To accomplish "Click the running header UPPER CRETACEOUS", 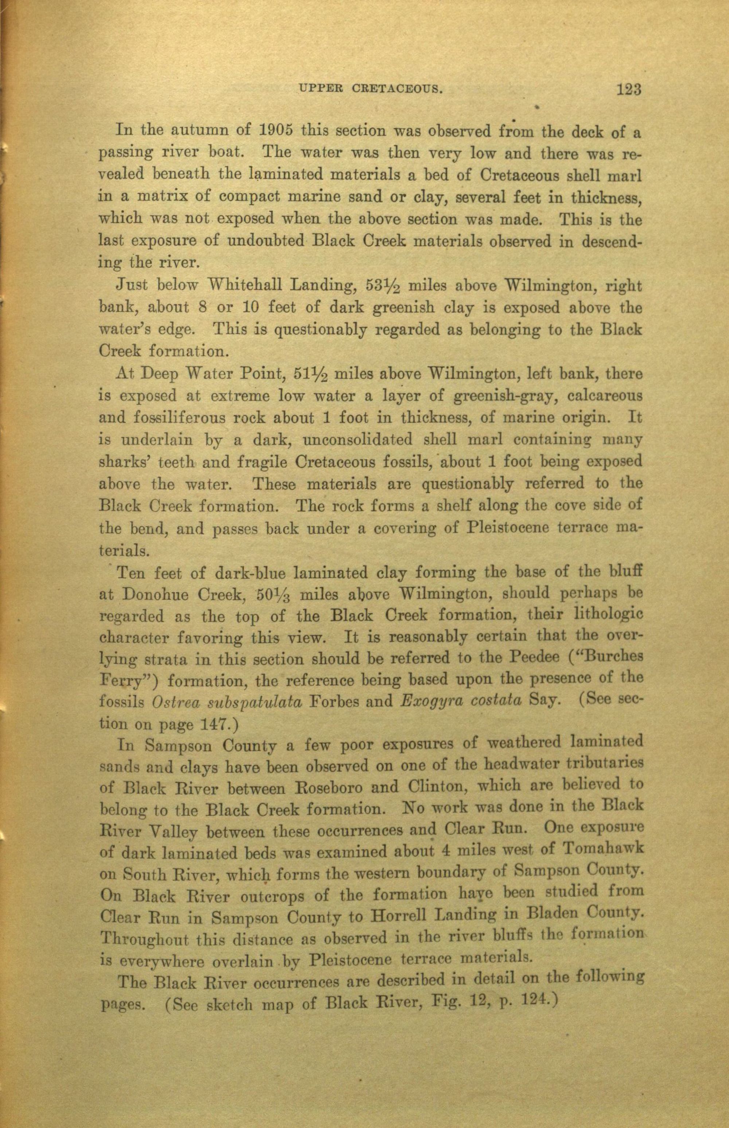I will [371, 88].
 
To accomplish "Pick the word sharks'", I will [122, 461].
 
